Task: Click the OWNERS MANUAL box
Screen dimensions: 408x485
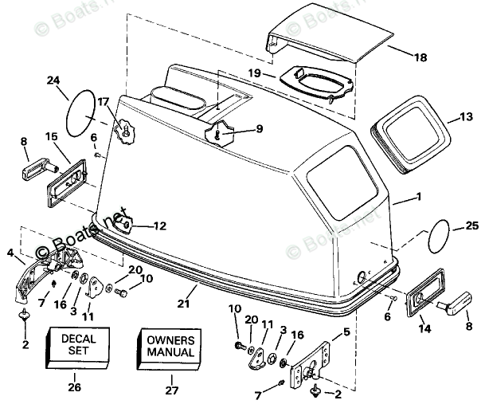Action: point(170,346)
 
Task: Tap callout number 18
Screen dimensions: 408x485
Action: point(420,57)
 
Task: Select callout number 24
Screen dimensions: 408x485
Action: point(53,80)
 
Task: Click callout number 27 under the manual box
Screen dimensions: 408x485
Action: point(170,389)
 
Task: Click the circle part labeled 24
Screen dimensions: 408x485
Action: point(80,113)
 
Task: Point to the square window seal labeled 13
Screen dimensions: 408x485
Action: point(408,131)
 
